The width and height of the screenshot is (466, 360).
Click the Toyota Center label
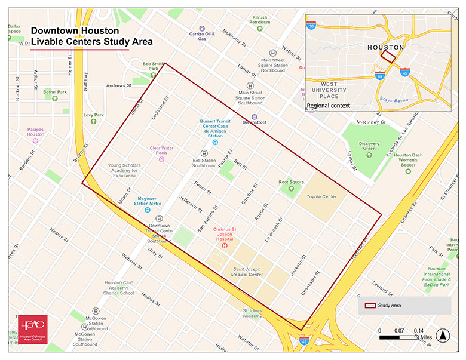[x=321, y=196]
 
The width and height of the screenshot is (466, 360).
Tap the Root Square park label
[x=292, y=182]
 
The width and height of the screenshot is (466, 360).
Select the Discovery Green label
[x=369, y=147]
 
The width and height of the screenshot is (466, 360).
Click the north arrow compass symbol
[x=442, y=336]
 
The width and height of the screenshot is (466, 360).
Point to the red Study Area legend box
[x=370, y=306]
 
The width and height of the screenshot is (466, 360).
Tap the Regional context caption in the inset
[x=327, y=106]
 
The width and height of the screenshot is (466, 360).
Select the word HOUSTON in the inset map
[x=385, y=47]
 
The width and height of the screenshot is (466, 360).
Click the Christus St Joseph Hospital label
[x=226, y=234]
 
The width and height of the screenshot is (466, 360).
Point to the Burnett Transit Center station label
[x=215, y=128]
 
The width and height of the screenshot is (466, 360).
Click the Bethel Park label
[x=55, y=92]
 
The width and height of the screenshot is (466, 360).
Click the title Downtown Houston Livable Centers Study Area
[x=91, y=36]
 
